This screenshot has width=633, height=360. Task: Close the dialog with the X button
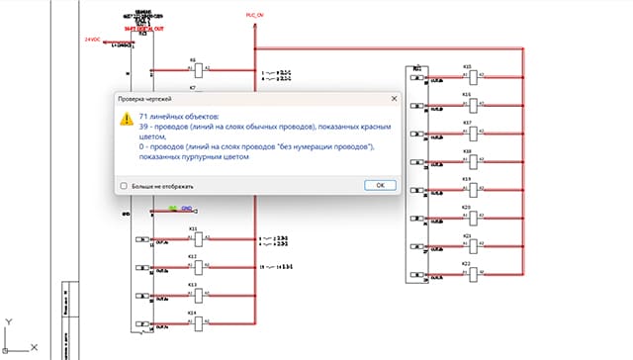[393, 99]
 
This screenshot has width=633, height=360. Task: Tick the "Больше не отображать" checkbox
[124, 186]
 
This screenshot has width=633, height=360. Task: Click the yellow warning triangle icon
[126, 118]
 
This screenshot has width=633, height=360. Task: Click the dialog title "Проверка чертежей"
[146, 99]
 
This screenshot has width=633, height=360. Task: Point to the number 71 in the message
[144, 116]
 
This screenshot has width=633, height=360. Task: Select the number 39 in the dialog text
[144, 127]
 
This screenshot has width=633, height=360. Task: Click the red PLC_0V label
[255, 15]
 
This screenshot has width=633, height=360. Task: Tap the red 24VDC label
[94, 39]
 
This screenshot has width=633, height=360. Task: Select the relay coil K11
[195, 238]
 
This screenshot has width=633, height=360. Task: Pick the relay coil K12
[195, 266]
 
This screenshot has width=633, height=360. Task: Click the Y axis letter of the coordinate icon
[7, 322]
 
